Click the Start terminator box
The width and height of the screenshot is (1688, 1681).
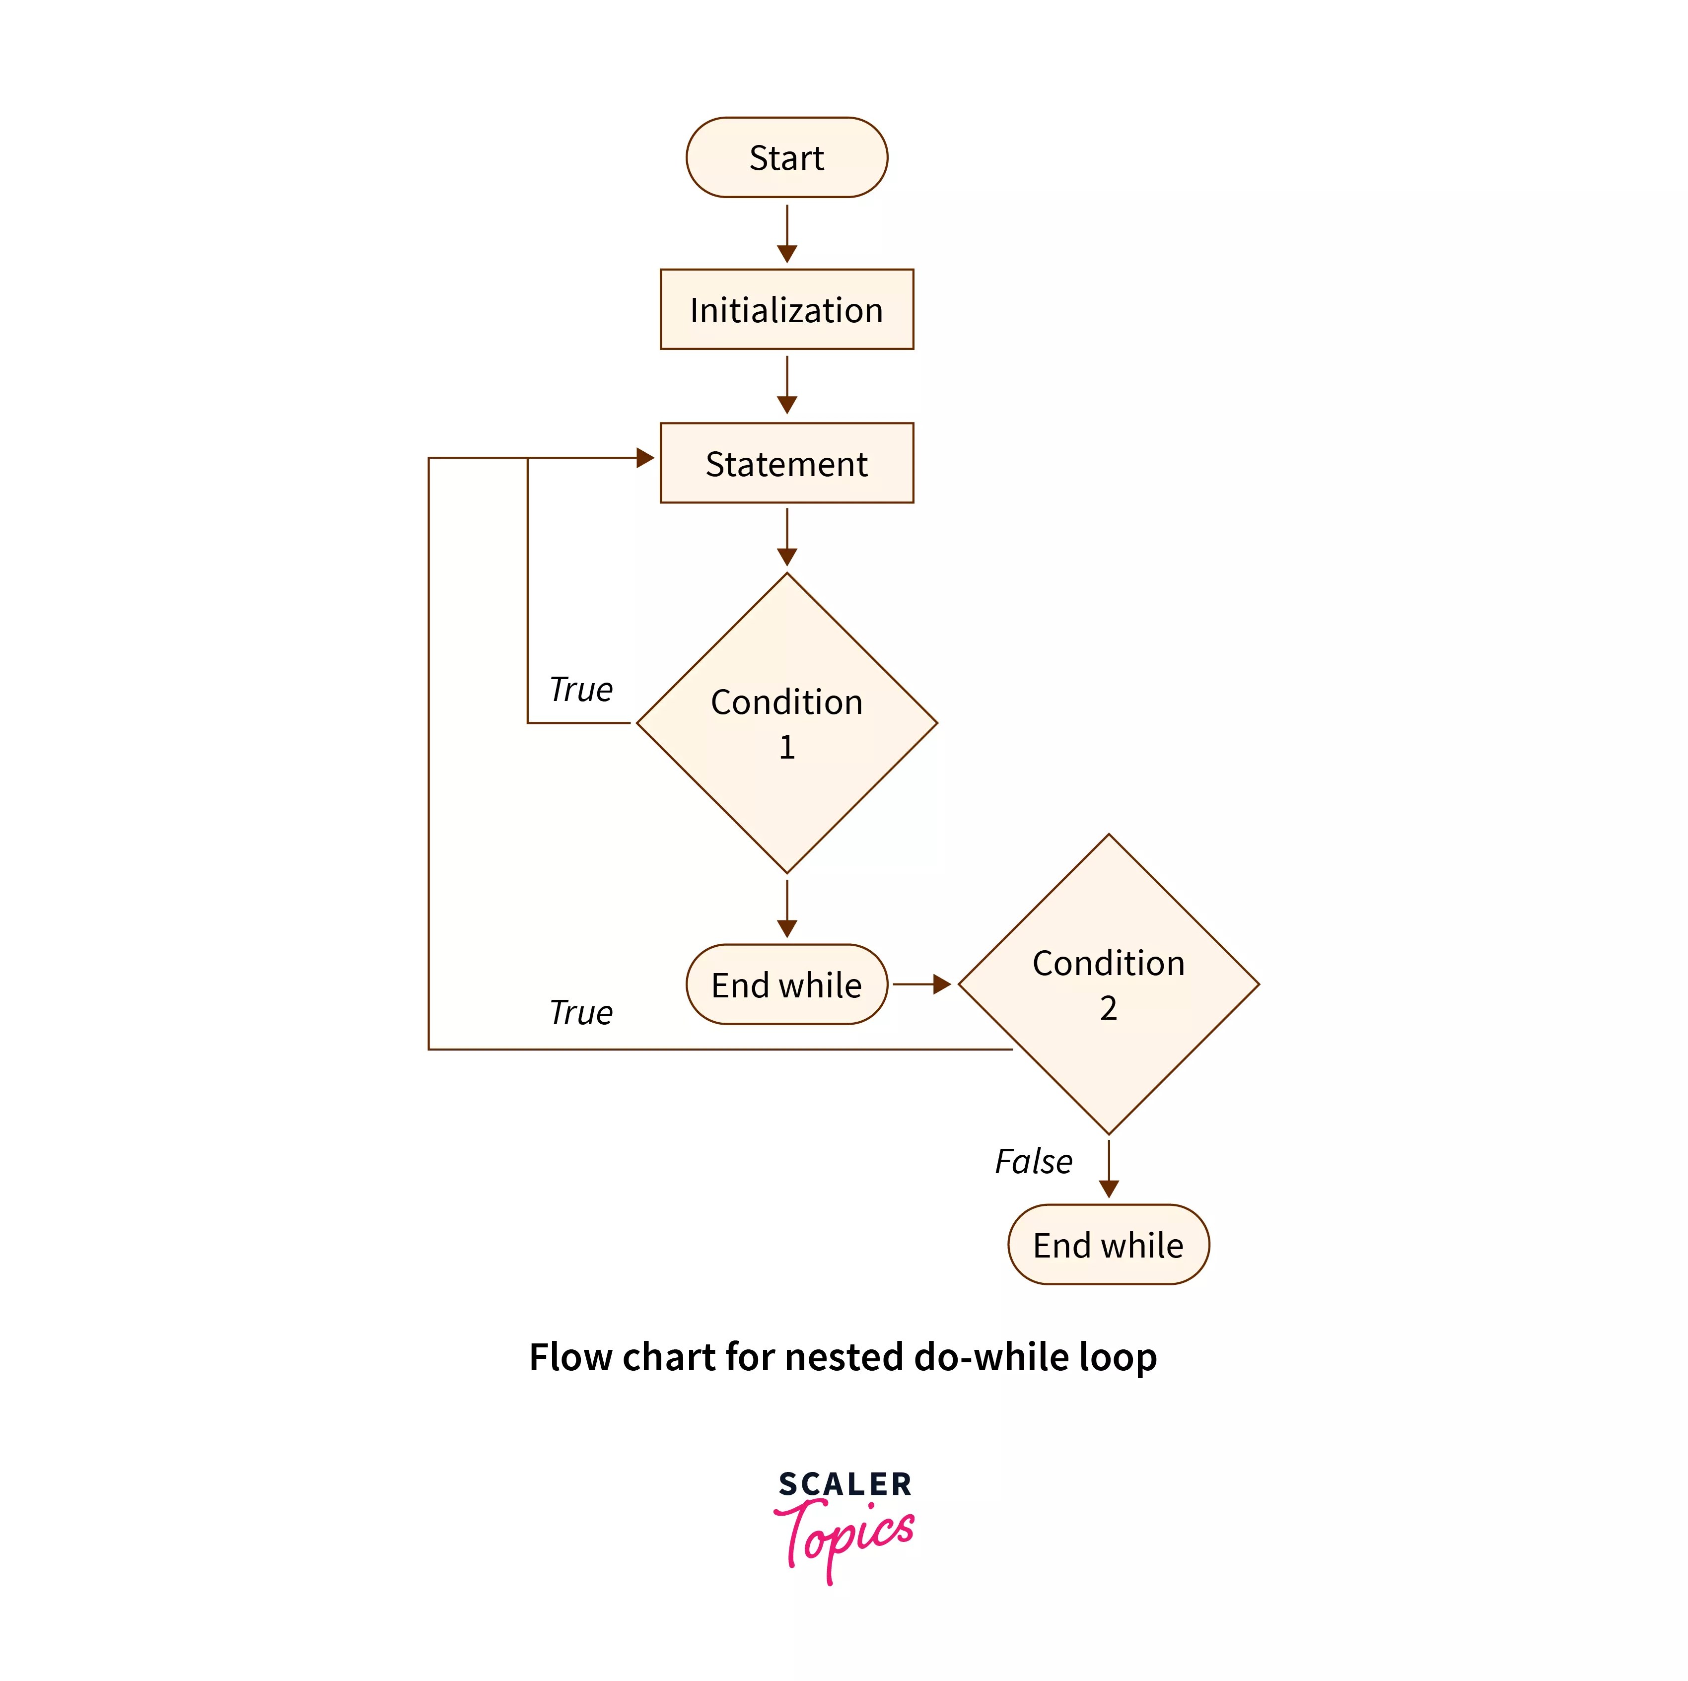click(786, 157)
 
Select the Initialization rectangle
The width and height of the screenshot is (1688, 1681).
click(786, 309)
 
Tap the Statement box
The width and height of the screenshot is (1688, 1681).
click(786, 463)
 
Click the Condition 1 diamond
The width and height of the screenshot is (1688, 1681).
click(786, 723)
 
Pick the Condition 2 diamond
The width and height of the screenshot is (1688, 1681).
click(1108, 984)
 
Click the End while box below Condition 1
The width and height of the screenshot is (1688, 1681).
click(786, 984)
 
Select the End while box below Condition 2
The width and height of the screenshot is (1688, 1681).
click(1108, 1245)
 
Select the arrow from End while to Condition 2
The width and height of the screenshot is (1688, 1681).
click(922, 984)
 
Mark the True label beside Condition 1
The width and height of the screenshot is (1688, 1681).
click(581, 690)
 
